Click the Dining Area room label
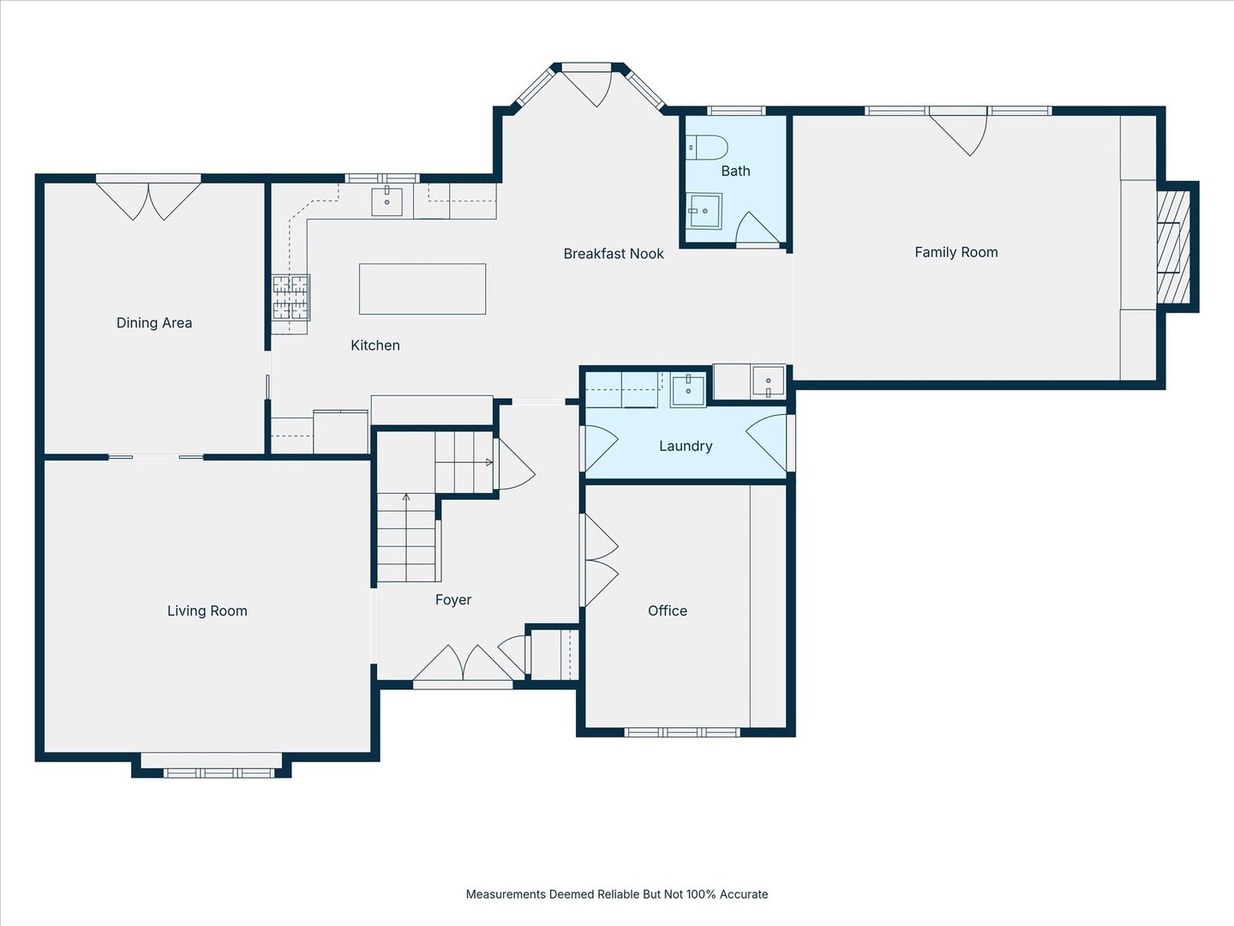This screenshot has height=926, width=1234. click(x=154, y=322)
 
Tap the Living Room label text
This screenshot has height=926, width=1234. click(x=207, y=610)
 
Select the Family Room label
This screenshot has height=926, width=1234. click(x=955, y=252)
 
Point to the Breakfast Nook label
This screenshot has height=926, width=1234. click(x=614, y=254)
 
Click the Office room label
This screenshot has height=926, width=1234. click(x=667, y=610)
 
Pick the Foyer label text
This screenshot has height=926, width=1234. click(x=452, y=600)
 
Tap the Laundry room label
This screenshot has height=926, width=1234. click(x=685, y=446)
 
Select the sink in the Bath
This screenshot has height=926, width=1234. click(x=704, y=211)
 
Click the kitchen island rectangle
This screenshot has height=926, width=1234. click(x=422, y=289)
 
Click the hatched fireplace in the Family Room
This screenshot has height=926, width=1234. click(x=1173, y=247)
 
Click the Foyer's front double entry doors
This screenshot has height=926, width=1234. click(x=463, y=664)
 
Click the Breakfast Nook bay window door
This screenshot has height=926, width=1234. click(x=588, y=86)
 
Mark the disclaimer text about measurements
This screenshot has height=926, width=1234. click(x=616, y=894)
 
